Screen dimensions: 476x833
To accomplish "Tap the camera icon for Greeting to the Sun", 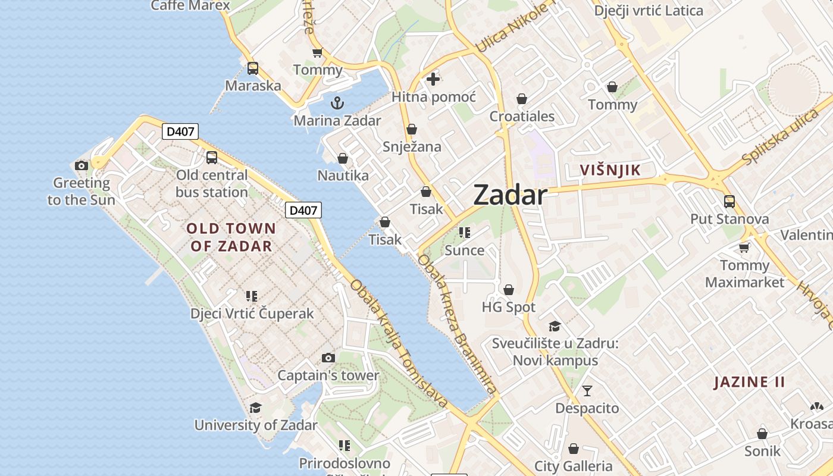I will pos(82,165).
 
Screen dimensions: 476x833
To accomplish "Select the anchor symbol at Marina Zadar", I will pos(337,103).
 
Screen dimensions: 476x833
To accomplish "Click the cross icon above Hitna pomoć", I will pos(433,79).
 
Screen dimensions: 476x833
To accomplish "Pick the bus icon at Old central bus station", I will pos(212,158).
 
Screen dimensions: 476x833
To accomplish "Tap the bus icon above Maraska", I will pos(253,68).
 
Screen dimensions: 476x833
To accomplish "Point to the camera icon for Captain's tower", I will pos(328,358).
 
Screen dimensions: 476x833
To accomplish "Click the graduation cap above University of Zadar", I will pos(255,408).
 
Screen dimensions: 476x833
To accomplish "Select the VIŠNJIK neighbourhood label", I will pos(610,170).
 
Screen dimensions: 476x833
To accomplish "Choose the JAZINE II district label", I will pos(750,382).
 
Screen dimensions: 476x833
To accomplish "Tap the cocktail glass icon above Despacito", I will pos(587,391).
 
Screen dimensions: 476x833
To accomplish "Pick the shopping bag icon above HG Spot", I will pos(509,290).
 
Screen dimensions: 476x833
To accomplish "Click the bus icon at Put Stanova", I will pos(729,202).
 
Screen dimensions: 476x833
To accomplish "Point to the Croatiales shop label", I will pos(522,116).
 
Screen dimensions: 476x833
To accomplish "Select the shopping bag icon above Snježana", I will pos(412,129).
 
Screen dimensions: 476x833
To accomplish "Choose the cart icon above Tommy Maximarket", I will pos(744,247).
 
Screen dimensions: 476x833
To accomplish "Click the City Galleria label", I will pos(574,466).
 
